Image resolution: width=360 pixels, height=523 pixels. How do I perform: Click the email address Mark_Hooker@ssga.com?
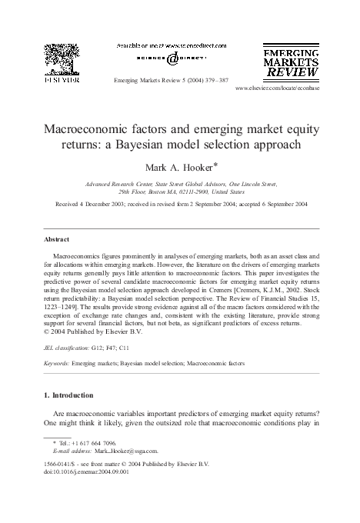coord(129,451)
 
